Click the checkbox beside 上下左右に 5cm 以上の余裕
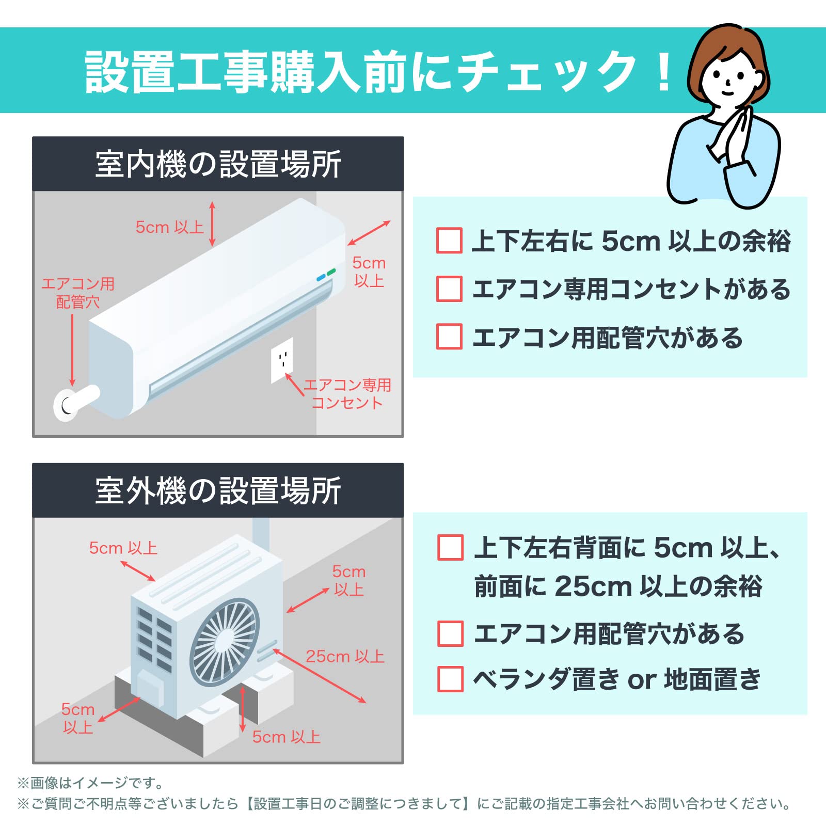coord(449,241)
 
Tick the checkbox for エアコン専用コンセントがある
coord(449,289)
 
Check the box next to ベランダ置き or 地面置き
coord(450,679)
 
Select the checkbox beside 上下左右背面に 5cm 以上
coord(450,547)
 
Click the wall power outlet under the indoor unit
coord(282,359)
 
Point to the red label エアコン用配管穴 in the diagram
coord(78,293)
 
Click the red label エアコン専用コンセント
coord(347,394)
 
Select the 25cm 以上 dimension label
coord(345,656)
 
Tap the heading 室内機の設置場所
coord(218,164)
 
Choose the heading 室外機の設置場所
coord(218,490)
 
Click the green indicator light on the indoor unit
coord(331,272)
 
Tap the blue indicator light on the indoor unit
coord(321,278)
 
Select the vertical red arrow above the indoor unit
coord(212,224)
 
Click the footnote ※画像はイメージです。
coord(90,783)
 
